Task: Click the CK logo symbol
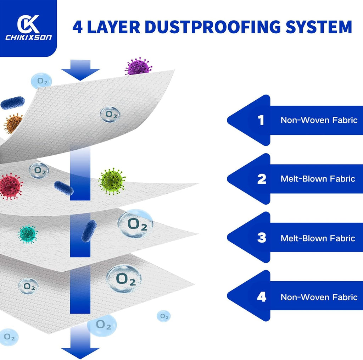tap(28, 24)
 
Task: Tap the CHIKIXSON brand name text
tap(28, 38)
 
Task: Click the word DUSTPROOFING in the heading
tap(213, 27)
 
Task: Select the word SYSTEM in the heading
tap(319, 27)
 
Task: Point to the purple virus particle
tap(139, 66)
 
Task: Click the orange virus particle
tap(13, 123)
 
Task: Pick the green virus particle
tap(112, 181)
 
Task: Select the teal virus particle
tap(28, 234)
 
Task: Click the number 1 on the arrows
tap(261, 120)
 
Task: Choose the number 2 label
tap(262, 179)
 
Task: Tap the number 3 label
tap(262, 238)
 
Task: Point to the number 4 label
tap(262, 297)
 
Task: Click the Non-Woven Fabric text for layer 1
tap(319, 120)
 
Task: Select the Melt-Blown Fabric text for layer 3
tap(318, 238)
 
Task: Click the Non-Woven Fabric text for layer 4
tap(319, 297)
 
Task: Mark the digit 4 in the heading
tap(78, 27)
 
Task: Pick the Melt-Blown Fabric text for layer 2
tap(318, 179)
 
